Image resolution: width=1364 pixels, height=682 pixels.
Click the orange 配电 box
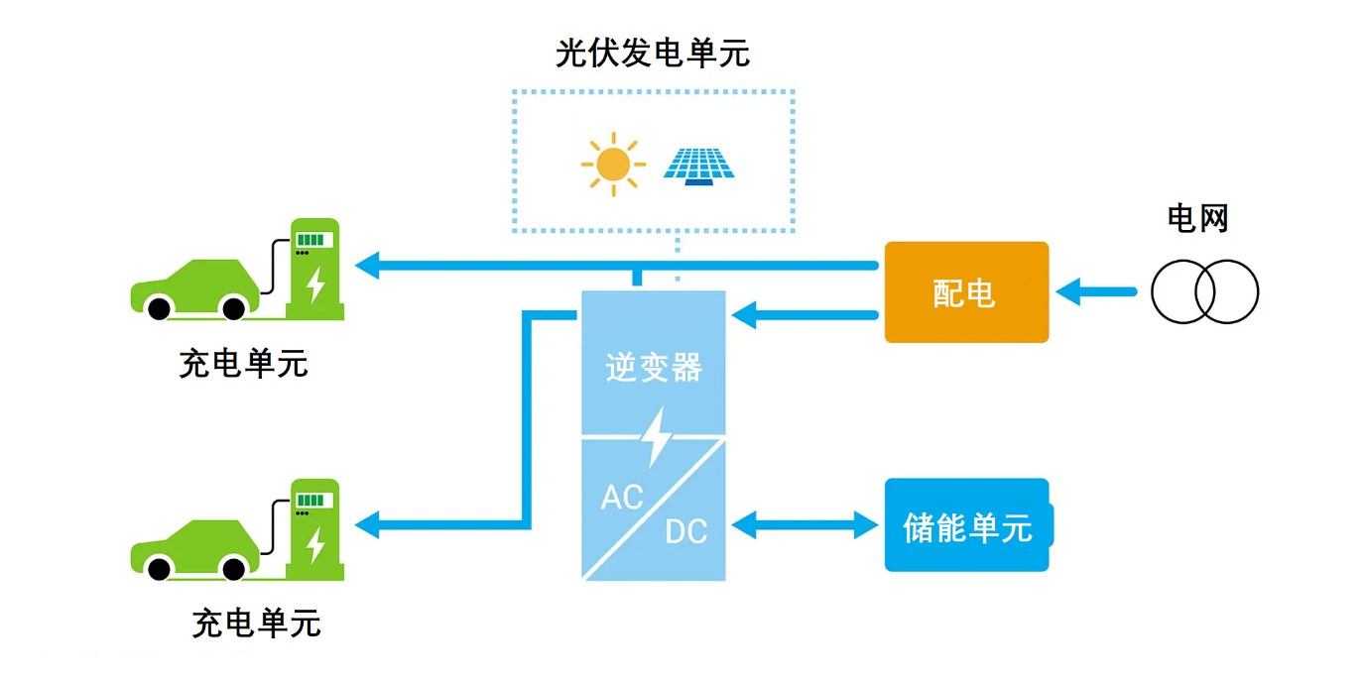(x=965, y=292)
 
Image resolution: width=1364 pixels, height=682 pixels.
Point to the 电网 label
(x=1197, y=218)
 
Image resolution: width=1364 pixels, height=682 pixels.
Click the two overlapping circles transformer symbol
(x=1204, y=292)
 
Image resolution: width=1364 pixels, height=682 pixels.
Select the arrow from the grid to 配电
(x=1096, y=292)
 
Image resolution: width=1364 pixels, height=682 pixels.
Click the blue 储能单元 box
(x=967, y=525)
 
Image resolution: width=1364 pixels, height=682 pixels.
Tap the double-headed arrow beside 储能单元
(x=805, y=525)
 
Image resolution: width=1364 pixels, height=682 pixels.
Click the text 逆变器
(x=654, y=368)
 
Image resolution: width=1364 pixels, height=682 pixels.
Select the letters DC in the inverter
(x=685, y=532)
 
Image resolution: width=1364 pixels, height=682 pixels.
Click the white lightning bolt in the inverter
(x=655, y=437)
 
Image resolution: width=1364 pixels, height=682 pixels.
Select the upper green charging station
(x=314, y=269)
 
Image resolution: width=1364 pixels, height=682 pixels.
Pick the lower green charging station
(x=314, y=529)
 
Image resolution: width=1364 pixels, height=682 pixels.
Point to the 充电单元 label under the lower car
(x=256, y=624)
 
